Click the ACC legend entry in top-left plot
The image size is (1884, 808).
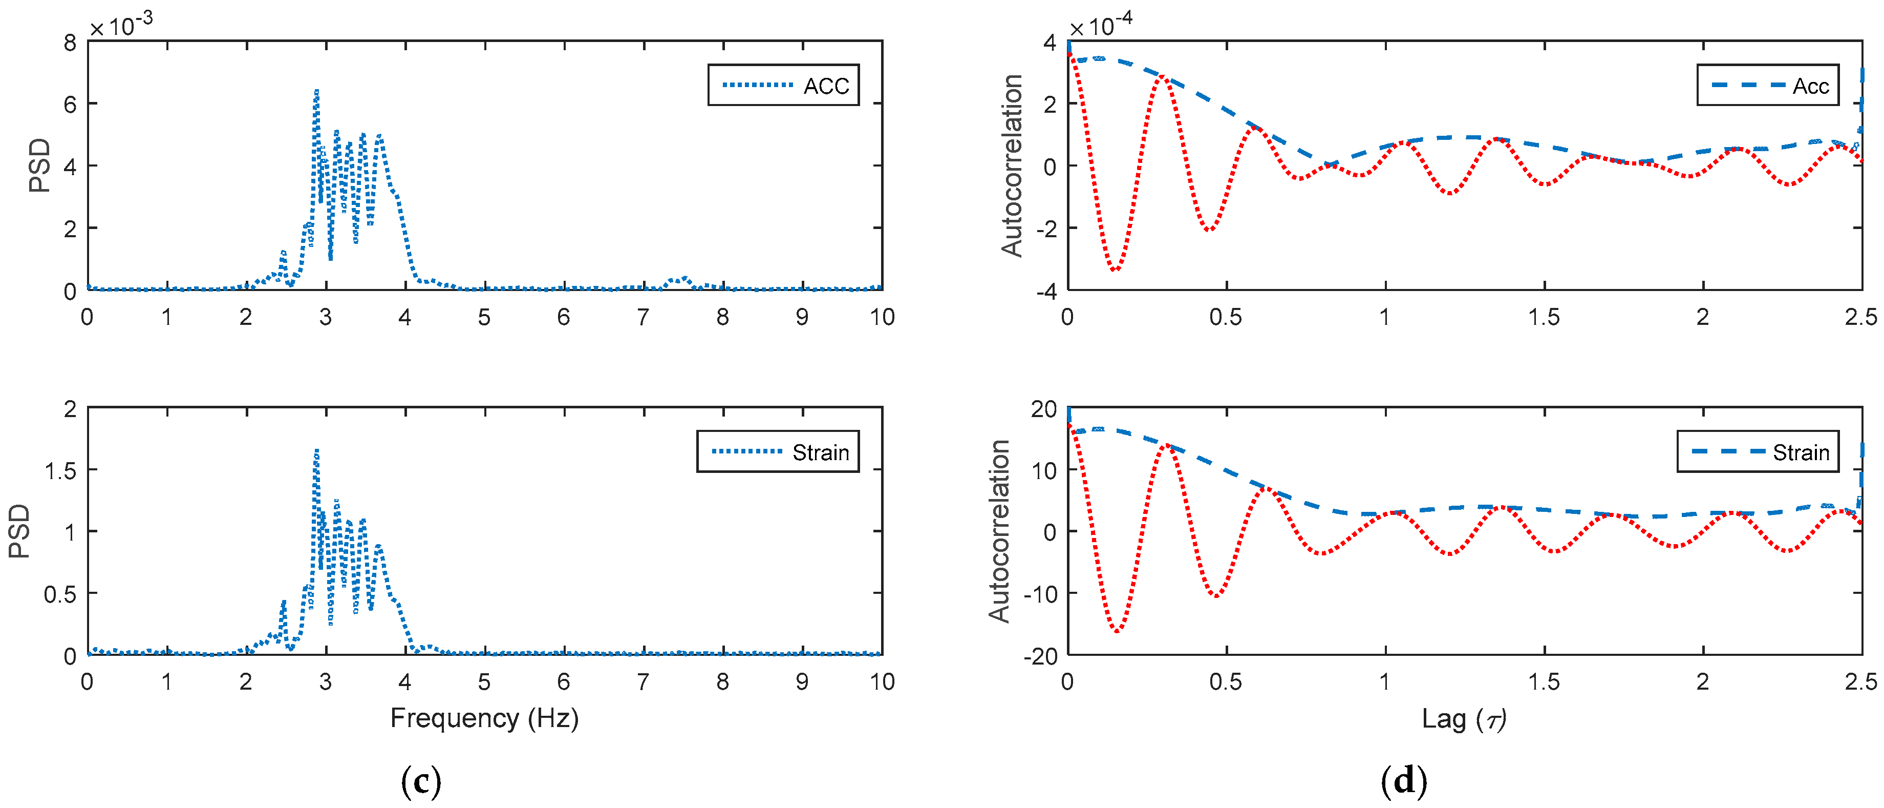[x=783, y=86]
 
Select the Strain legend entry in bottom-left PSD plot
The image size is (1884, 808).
[x=778, y=451]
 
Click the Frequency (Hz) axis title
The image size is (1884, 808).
[x=484, y=718]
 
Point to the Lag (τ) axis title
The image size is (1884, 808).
[x=1464, y=719]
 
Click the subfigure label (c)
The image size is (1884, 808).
[x=421, y=782]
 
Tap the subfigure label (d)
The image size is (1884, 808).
[x=1403, y=782]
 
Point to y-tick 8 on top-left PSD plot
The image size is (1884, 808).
[x=70, y=43]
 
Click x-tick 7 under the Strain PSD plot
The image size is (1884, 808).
[x=643, y=682]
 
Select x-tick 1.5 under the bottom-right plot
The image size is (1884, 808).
[x=1544, y=682]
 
